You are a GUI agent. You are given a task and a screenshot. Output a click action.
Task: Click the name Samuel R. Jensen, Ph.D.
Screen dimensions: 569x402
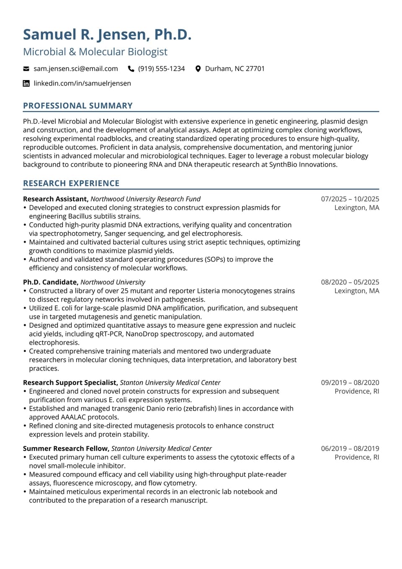pyautogui.click(x=107, y=34)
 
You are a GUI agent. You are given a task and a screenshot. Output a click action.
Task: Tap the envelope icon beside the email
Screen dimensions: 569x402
pyautogui.click(x=26, y=69)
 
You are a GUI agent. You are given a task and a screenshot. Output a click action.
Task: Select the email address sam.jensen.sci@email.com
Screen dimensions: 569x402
pyautogui.click(x=76, y=69)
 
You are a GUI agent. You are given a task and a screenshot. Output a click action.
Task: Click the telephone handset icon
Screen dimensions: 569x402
pyautogui.click(x=131, y=69)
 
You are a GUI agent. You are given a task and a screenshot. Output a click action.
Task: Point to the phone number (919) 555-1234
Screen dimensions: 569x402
pyautogui.click(x=161, y=69)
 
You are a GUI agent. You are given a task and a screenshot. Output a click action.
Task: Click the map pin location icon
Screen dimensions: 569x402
pyautogui.click(x=198, y=69)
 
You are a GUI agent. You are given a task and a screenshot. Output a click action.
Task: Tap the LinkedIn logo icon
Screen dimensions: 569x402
pyautogui.click(x=26, y=83)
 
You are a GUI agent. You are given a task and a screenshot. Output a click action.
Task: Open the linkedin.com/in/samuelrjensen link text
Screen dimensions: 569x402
pyautogui.click(x=82, y=83)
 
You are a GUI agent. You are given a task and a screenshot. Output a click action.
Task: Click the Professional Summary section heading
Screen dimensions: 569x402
pyautogui.click(x=78, y=106)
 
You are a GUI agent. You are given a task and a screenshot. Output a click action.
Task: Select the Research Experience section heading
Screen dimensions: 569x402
pyautogui.click(x=71, y=183)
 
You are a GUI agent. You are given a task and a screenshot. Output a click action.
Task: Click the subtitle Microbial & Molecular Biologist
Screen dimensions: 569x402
pyautogui.click(x=95, y=52)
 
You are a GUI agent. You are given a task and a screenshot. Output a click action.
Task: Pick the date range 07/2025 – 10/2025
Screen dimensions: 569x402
pyautogui.click(x=350, y=199)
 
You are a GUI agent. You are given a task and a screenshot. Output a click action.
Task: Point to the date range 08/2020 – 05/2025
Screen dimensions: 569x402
pyautogui.click(x=350, y=282)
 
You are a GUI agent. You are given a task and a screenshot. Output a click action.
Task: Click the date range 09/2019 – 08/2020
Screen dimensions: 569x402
pyautogui.click(x=350, y=383)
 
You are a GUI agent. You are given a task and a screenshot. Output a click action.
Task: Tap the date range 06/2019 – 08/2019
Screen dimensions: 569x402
pyautogui.click(x=350, y=448)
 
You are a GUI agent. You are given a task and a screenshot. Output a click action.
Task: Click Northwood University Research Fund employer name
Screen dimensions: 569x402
pyautogui.click(x=145, y=199)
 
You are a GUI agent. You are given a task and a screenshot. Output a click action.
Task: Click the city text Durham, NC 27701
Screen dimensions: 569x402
pyautogui.click(x=234, y=69)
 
